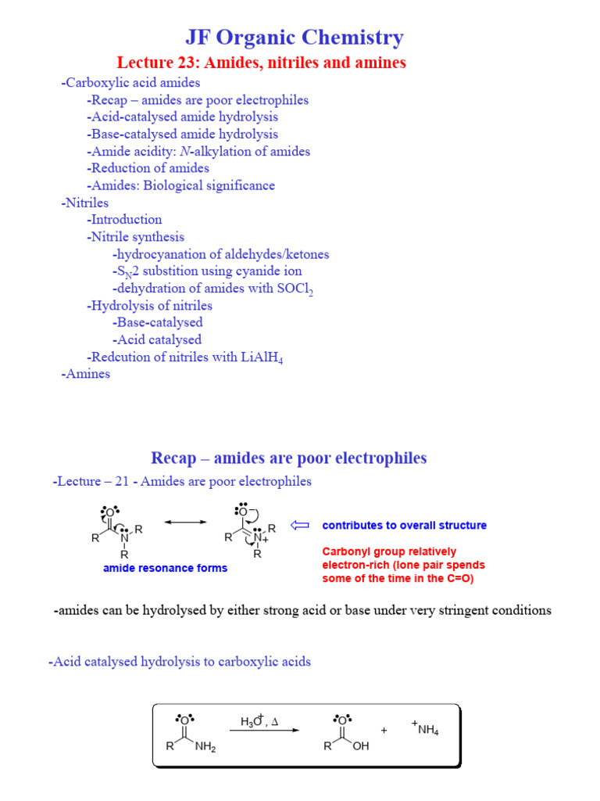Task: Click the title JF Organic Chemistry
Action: tap(295, 37)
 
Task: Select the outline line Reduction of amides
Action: tap(149, 168)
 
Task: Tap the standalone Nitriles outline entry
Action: tap(86, 203)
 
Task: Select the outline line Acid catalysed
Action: tap(158, 339)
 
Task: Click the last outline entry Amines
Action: tap(86, 374)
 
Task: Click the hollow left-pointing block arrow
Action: tap(300, 525)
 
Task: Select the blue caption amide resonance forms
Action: tap(165, 568)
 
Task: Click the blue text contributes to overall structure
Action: tap(404, 526)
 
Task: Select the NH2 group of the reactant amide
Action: tap(205, 747)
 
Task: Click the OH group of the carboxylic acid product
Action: tap(361, 747)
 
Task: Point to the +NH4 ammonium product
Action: tap(425, 729)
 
